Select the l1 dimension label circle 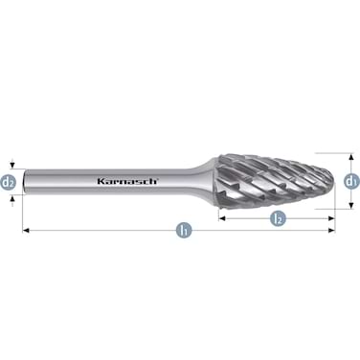(x=182, y=231)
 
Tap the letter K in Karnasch (x=101, y=179)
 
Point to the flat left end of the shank (x=25, y=179)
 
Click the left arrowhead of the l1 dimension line (x=27, y=231)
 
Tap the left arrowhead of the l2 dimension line (x=221, y=219)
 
